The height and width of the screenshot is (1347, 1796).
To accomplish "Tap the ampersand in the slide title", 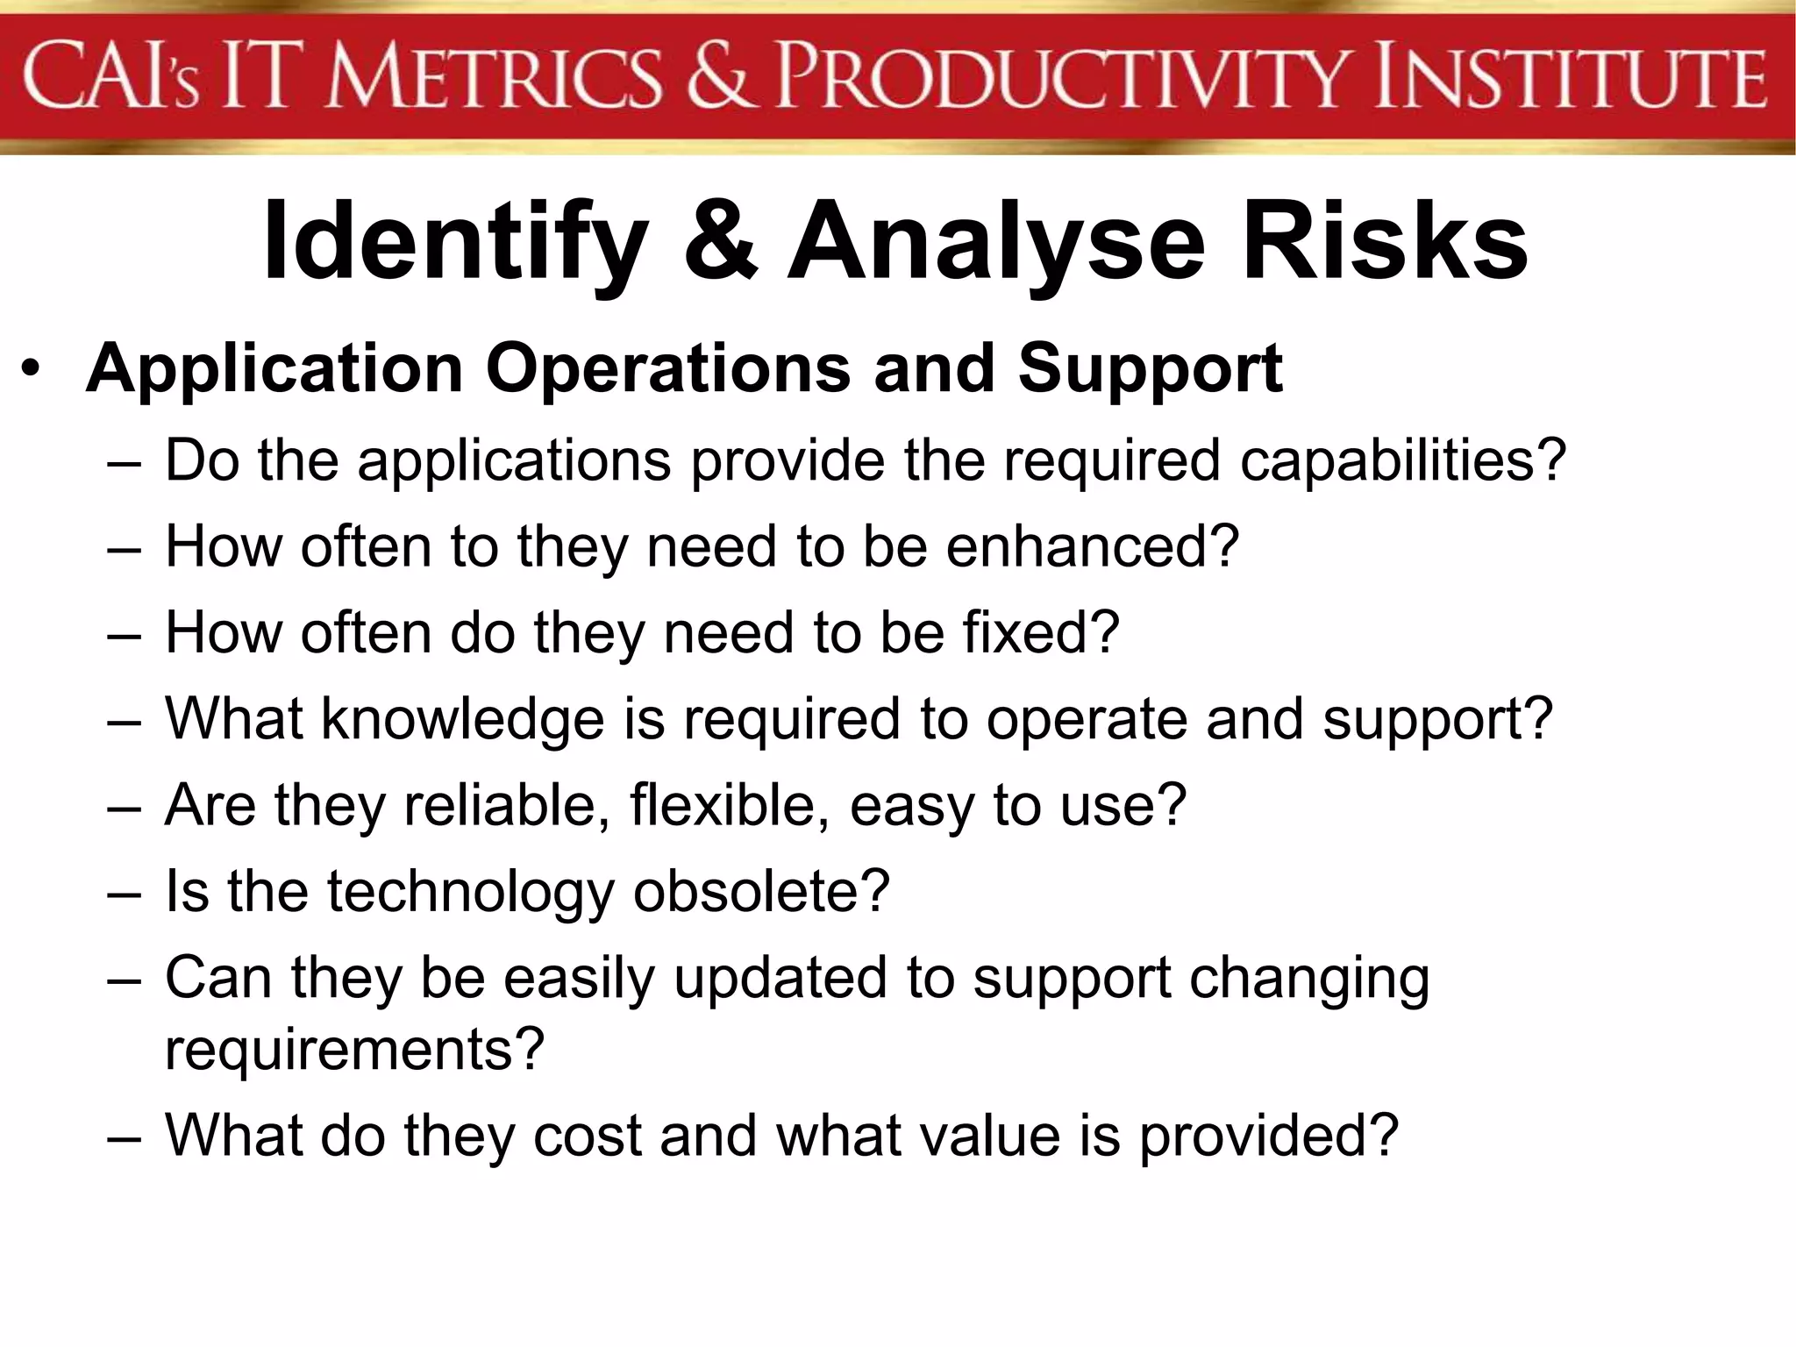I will (x=720, y=240).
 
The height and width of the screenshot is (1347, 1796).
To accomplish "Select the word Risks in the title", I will (x=1386, y=240).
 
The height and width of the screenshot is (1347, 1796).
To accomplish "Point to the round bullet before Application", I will (x=32, y=368).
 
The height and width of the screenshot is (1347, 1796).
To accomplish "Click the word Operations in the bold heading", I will (x=667, y=369).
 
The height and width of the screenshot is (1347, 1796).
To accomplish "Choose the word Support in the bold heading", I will (x=1150, y=369).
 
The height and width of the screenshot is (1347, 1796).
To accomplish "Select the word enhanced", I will (x=1091, y=546).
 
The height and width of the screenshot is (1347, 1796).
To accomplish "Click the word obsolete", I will (x=761, y=891).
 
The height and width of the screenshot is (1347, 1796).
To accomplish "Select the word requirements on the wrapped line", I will (x=354, y=1049).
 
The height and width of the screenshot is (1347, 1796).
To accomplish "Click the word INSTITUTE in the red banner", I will (x=1570, y=77).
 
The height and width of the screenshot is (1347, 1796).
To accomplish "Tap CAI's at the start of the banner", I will (x=111, y=77).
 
